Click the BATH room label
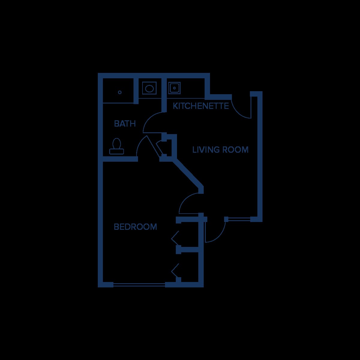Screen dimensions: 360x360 pos(125,124)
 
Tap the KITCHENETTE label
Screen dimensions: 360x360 pos(201,106)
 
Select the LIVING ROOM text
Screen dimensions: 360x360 pos(220,150)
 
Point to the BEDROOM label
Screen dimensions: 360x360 pos(135,227)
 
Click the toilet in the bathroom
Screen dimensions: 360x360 pos(117,146)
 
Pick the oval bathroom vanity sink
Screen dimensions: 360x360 pos(149,88)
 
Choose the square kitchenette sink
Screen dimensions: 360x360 pos(174,88)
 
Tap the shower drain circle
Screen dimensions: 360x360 pos(120,92)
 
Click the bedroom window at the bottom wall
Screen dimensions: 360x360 pos(139,285)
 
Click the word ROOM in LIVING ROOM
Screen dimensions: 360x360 pos(237,150)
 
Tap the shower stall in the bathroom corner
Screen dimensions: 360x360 pos(118,90)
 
